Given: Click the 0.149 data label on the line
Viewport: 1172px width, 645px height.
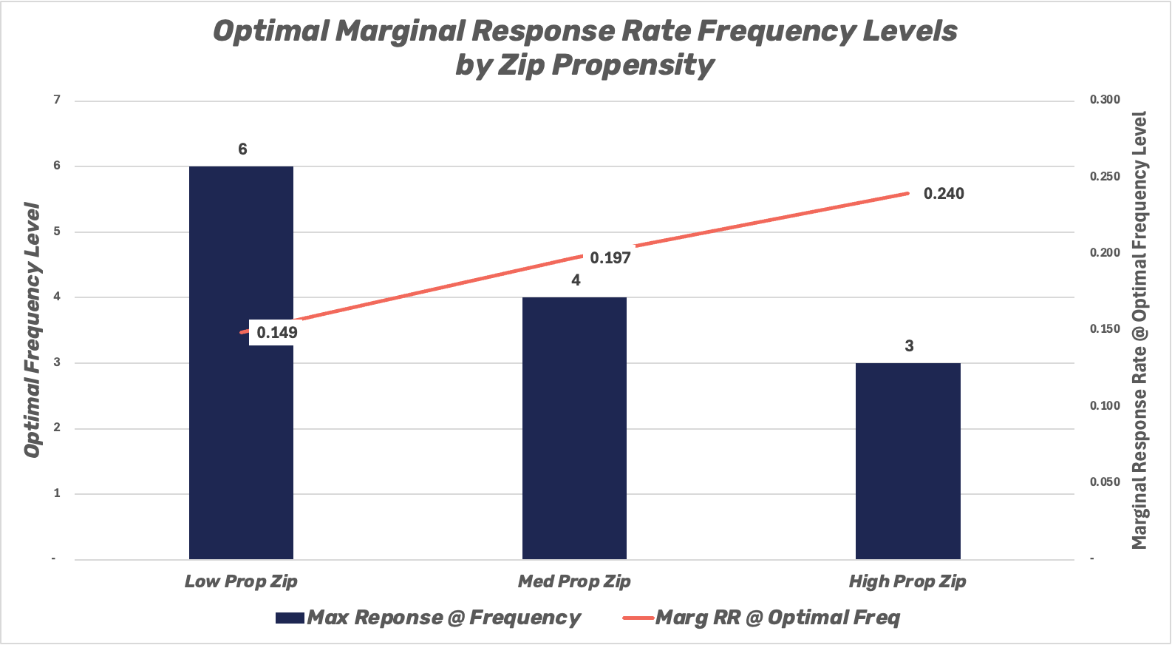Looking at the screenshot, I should [x=277, y=333].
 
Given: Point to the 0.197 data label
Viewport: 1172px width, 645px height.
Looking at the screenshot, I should [x=610, y=258].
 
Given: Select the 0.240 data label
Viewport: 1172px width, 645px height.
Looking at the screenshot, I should [x=944, y=194].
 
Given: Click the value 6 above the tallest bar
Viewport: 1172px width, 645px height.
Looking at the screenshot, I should [x=242, y=149].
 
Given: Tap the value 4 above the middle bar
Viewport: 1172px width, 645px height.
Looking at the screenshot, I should [x=576, y=280].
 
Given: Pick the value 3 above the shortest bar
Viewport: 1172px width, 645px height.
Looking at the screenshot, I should [x=909, y=346].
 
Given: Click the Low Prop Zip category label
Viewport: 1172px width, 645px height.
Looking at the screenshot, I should [x=241, y=581].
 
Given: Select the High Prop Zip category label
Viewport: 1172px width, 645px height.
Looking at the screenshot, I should [x=907, y=581].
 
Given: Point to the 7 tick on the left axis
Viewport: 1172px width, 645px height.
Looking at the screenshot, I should [x=57, y=100].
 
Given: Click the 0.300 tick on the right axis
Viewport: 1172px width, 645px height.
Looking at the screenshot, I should [x=1105, y=100].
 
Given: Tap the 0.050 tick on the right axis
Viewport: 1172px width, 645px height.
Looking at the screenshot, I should [x=1105, y=482].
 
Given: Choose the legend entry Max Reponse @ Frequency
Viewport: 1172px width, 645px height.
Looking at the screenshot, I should [x=443, y=618].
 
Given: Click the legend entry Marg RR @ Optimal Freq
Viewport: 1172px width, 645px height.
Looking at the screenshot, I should [x=777, y=618].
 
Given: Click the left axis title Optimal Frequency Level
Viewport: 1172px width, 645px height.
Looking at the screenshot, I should [x=32, y=330].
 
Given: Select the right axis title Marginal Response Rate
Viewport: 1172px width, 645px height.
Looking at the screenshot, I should [x=1139, y=330].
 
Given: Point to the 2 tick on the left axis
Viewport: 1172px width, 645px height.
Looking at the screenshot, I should [x=57, y=428].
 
